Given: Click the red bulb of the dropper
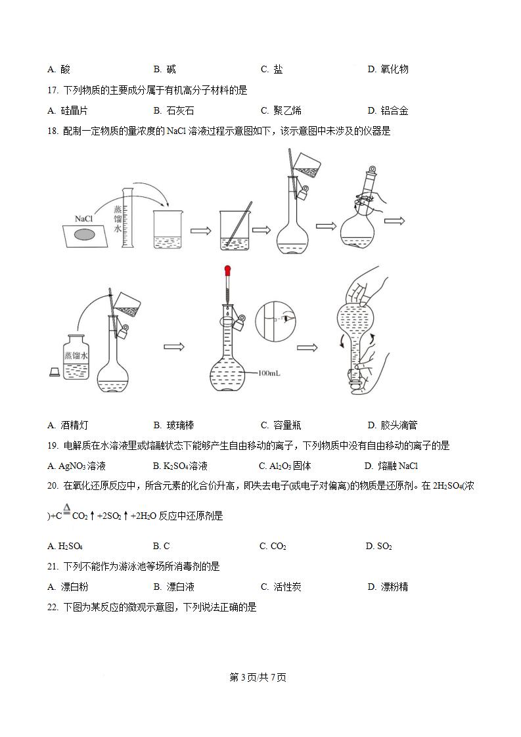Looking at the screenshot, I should click(228, 269).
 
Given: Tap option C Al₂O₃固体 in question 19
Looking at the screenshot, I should click(285, 466).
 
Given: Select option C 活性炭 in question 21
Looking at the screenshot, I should click(281, 587).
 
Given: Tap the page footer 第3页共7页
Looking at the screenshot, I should click(258, 677).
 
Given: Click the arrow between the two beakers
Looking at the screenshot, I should click(200, 231).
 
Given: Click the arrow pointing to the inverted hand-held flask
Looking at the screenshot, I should click(307, 347).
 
